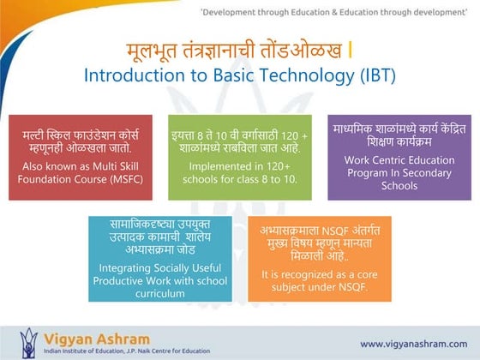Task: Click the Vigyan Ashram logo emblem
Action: pyautogui.click(x=28, y=343)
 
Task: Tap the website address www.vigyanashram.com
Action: pyautogui.click(x=414, y=344)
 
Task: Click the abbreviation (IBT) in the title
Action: pyautogui.click(x=378, y=75)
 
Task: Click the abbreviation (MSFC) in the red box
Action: pyautogui.click(x=127, y=179)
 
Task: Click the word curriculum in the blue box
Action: pyautogui.click(x=160, y=293)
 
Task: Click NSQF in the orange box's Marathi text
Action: pyautogui.click(x=335, y=231)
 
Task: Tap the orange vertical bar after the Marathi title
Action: pyautogui.click(x=351, y=51)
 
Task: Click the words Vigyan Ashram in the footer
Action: pyautogui.click(x=97, y=339)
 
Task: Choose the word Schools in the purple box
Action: pyautogui.click(x=399, y=186)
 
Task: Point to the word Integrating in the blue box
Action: pyautogui.click(x=124, y=268)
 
